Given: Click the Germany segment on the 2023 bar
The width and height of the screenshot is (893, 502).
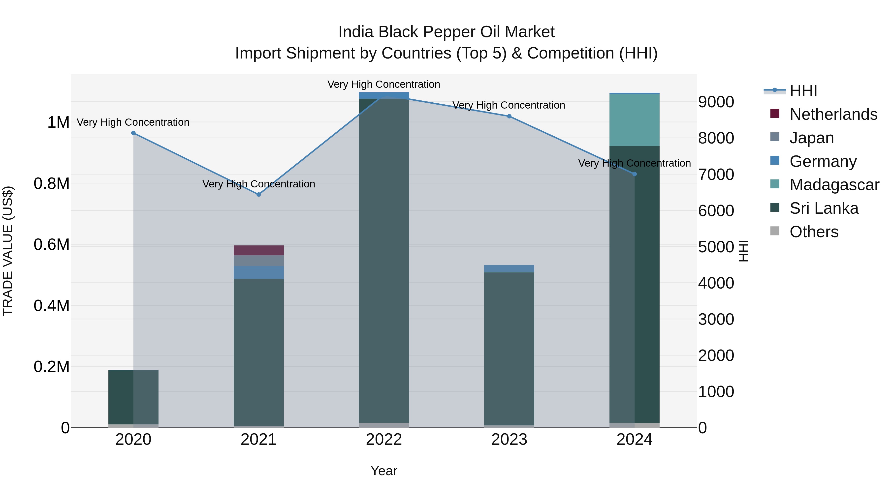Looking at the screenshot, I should (509, 268).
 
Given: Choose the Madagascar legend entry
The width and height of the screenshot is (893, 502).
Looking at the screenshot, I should (834, 185).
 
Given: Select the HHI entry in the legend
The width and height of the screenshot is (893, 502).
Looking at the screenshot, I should (803, 91).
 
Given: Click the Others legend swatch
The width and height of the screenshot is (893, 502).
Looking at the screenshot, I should (774, 231).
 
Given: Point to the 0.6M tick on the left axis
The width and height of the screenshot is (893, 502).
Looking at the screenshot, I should (51, 245).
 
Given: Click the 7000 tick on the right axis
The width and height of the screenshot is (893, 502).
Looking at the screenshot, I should (716, 174).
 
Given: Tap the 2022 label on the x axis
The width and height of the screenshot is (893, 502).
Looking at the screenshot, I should (384, 440).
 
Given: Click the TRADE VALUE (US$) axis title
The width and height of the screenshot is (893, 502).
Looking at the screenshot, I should (8, 251).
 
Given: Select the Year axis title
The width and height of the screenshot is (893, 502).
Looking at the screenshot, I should (384, 471).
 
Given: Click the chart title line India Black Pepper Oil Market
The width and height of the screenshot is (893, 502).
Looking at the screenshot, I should (446, 32).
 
